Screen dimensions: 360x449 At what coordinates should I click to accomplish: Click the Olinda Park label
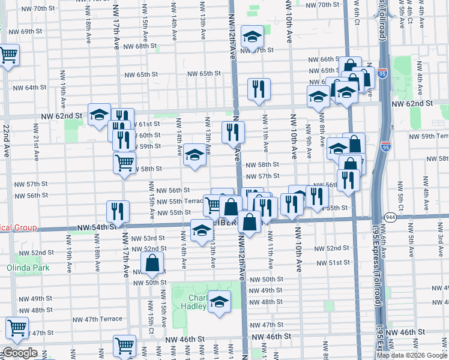[29, 268]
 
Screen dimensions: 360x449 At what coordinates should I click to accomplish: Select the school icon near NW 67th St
[253, 37]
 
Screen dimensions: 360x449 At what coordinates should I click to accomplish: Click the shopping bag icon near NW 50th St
[152, 262]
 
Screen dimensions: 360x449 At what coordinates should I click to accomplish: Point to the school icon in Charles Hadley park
[220, 301]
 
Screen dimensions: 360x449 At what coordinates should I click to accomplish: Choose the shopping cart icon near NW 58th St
[124, 162]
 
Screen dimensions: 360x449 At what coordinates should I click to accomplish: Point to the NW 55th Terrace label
[179, 201]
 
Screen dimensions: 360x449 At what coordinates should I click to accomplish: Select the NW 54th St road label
[95, 228]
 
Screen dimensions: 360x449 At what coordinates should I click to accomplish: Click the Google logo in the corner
[20, 353]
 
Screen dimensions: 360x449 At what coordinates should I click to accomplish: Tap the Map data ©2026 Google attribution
[412, 355]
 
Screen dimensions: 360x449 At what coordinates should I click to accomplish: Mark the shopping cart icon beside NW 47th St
[17, 327]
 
